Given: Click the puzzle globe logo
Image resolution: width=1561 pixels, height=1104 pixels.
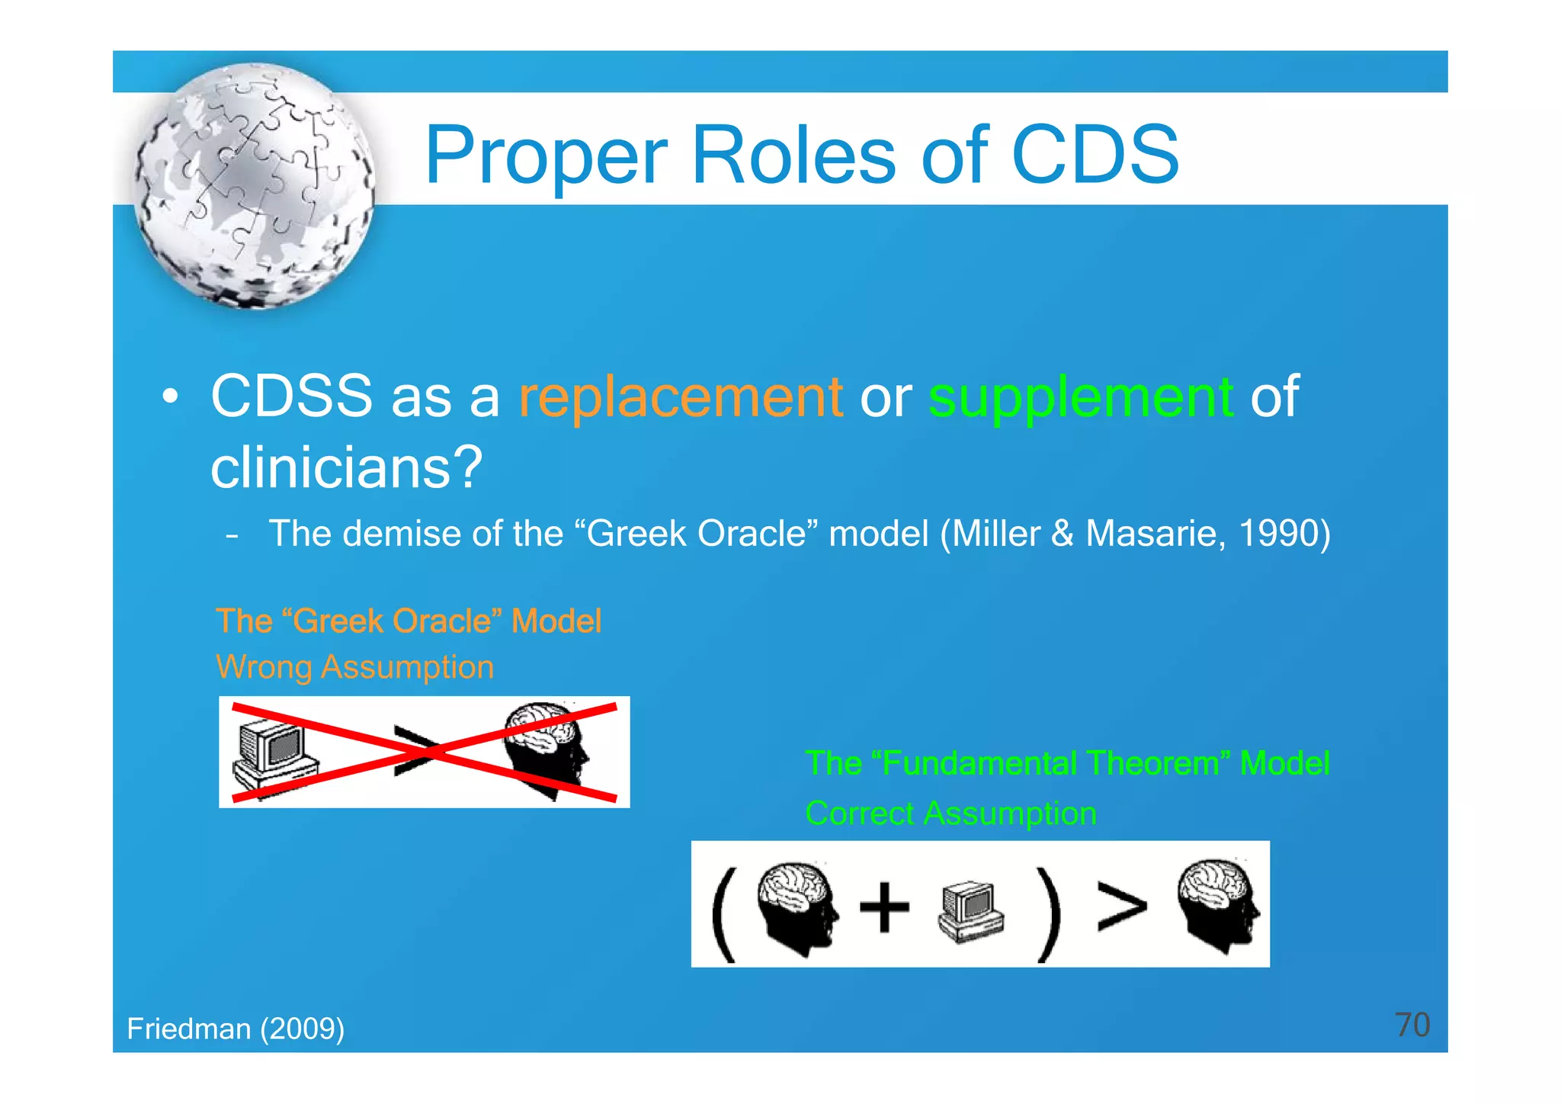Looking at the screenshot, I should tap(254, 187).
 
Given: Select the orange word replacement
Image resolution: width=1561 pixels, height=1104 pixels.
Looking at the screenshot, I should tap(680, 397).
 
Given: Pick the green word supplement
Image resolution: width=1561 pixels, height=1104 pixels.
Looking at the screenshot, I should tap(1080, 397).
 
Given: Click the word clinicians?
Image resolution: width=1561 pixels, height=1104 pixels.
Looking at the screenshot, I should tap(347, 467).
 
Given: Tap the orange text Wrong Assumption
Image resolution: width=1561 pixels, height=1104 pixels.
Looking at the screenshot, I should tap(355, 667).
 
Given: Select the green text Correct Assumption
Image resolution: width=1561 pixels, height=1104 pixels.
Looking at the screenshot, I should tap(950, 814).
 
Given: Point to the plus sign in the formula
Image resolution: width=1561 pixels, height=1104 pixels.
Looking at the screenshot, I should tap(884, 907).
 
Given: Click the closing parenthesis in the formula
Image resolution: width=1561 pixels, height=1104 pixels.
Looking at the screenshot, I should tap(1050, 913).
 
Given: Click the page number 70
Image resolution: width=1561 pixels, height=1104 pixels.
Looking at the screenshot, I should tap(1412, 1025).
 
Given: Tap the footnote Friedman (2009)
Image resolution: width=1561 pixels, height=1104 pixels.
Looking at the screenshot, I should tap(236, 1029).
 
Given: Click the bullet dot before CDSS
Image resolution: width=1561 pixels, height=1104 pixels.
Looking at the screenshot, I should tap(170, 397).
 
